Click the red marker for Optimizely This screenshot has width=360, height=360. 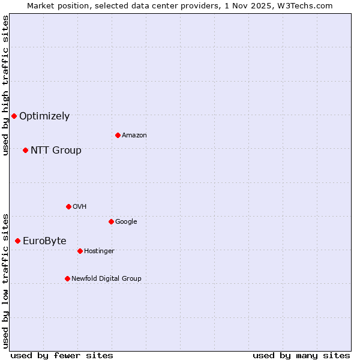pyautogui.click(x=14, y=116)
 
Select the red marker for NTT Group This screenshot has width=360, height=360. pyautogui.click(x=25, y=150)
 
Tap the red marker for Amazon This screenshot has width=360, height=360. pyautogui.click(x=118, y=135)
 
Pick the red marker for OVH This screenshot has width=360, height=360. pyautogui.click(x=68, y=206)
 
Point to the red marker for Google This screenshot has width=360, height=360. pyautogui.click(x=111, y=221)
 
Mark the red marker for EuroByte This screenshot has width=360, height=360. pyautogui.click(x=17, y=241)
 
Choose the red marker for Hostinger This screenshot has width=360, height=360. pyautogui.click(x=80, y=251)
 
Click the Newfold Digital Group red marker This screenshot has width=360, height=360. pyautogui.click(x=67, y=278)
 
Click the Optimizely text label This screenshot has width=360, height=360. pyautogui.click(x=44, y=116)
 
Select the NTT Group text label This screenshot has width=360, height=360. pyautogui.click(x=56, y=151)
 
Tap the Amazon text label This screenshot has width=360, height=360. pyautogui.click(x=134, y=136)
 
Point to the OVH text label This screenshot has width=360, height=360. pyautogui.click(x=80, y=207)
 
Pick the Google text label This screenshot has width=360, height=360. pyautogui.click(x=126, y=222)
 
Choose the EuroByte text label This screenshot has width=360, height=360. pyautogui.click(x=44, y=241)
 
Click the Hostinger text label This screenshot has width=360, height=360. pyautogui.click(x=99, y=251)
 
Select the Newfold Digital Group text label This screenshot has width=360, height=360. pyautogui.click(x=106, y=279)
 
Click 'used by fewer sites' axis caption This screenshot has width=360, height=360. pyautogui.click(x=62, y=356)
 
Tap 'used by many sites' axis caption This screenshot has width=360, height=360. pyautogui.click(x=301, y=356)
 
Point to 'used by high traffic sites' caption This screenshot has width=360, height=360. pyautogui.click(x=5, y=85)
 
